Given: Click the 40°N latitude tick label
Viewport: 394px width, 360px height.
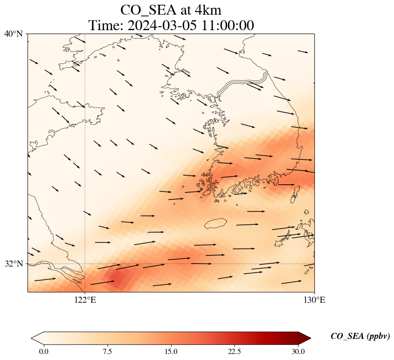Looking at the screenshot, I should [x=14, y=34].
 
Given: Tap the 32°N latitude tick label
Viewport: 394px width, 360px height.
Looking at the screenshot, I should [x=14, y=264].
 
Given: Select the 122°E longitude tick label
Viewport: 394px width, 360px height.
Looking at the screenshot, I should [x=85, y=300].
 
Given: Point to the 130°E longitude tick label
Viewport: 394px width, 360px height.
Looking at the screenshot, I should [x=314, y=300].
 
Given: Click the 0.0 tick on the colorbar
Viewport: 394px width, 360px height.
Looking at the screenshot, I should [x=43, y=351].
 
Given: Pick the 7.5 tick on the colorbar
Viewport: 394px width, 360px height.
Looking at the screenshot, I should [x=107, y=351].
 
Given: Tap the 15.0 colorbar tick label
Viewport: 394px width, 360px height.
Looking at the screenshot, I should [x=171, y=351].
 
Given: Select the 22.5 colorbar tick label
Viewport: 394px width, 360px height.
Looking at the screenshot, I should [x=234, y=351].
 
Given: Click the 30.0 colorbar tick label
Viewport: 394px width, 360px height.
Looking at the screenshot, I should [x=298, y=351].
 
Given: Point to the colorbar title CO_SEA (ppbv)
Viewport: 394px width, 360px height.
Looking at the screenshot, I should [x=360, y=336].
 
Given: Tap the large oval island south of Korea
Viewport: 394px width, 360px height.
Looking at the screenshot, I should [x=215, y=223].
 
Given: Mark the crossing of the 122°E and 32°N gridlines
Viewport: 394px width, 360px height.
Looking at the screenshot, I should [x=85, y=264].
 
